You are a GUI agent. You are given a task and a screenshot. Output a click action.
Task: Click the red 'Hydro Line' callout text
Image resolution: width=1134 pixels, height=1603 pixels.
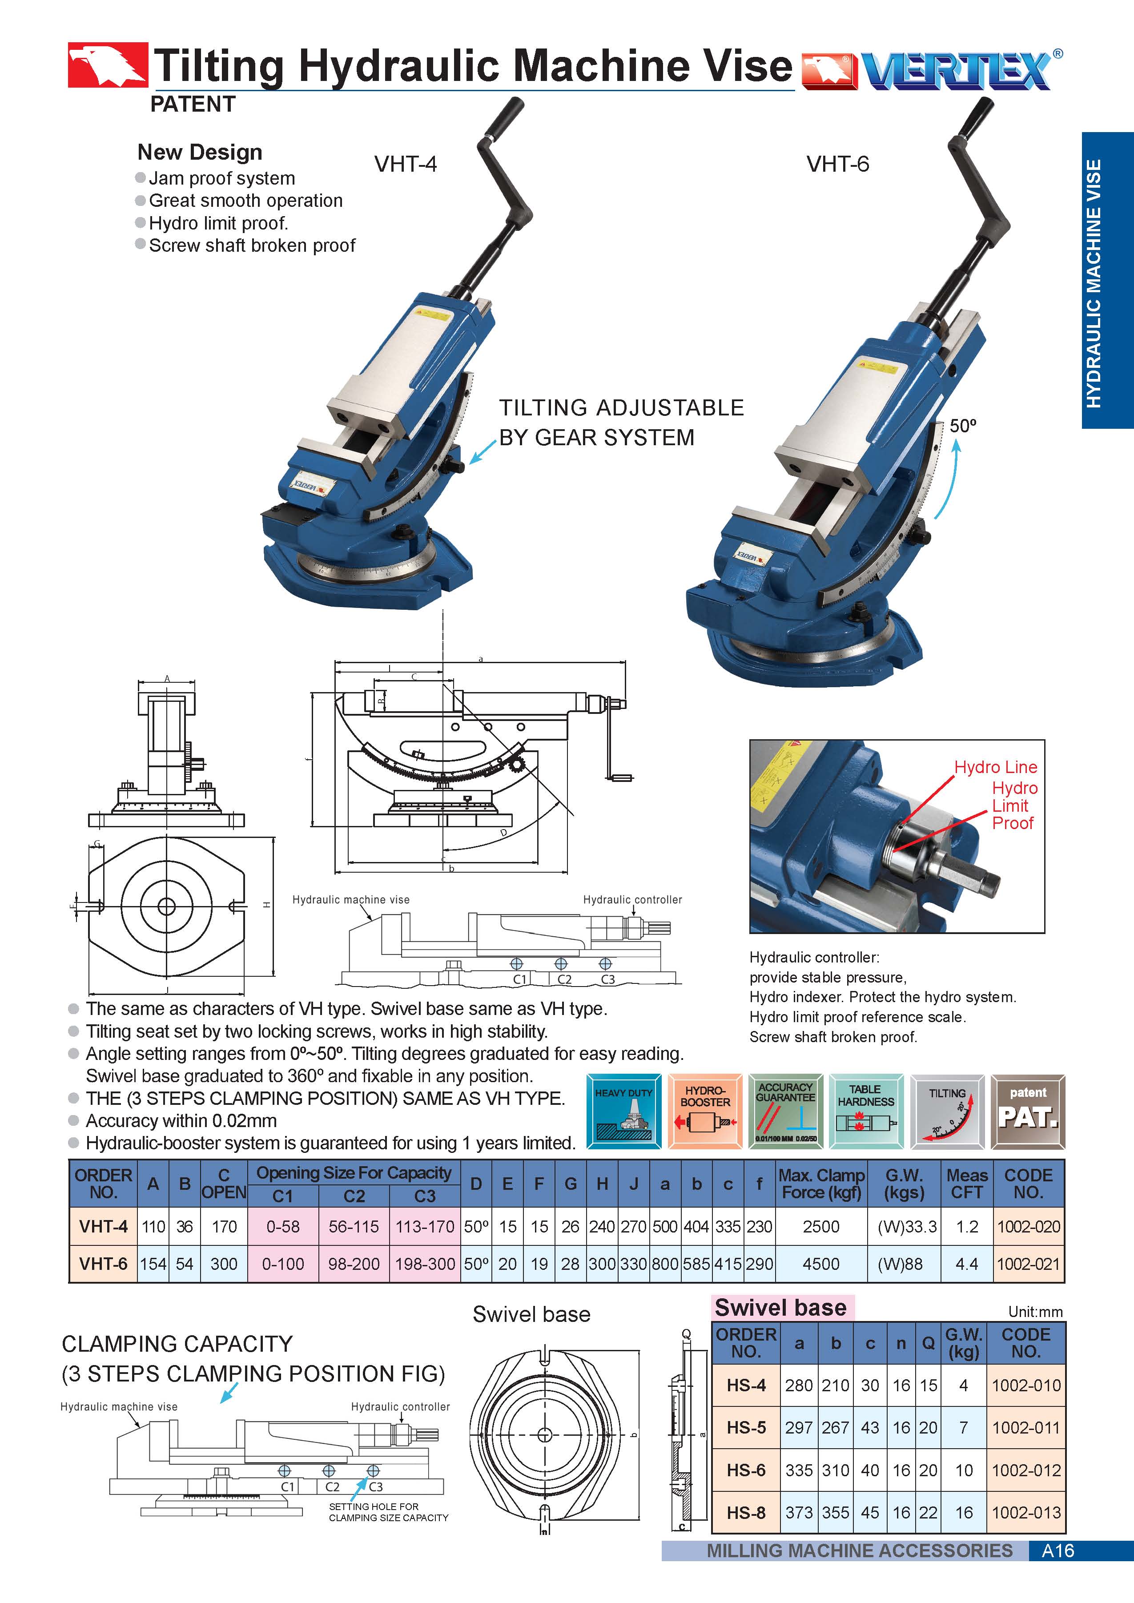995,767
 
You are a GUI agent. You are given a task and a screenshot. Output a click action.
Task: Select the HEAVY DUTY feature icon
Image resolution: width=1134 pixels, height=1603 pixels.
623,1111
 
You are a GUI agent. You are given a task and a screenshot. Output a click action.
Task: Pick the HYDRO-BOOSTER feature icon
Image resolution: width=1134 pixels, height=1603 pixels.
704,1111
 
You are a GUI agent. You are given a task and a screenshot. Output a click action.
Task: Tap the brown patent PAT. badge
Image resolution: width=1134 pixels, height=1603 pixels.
1028,1111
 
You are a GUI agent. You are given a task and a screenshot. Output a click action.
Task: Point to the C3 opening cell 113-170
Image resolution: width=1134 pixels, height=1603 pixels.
425,1227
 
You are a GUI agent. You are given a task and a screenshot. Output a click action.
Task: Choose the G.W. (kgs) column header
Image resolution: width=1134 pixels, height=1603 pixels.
904,1184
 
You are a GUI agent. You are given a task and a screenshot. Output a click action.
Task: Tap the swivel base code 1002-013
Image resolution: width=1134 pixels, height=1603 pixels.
1026,1512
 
